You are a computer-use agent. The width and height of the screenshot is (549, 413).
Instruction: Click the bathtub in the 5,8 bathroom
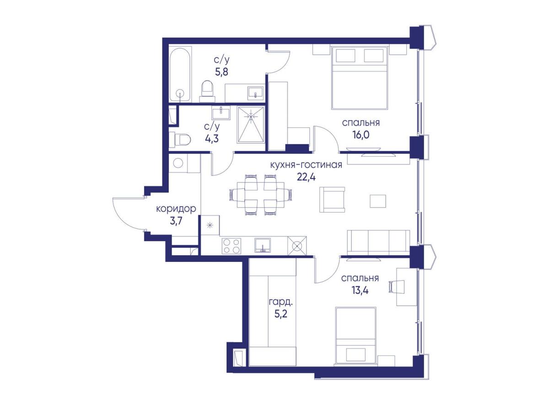[180, 75]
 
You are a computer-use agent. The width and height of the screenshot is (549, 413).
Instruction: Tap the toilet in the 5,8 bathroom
[207, 92]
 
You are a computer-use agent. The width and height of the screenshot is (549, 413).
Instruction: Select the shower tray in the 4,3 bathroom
[250, 125]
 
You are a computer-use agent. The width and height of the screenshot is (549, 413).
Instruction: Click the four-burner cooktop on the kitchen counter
[231, 246]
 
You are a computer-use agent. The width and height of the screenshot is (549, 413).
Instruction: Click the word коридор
[176, 208]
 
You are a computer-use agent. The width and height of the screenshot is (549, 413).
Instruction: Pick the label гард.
[280, 302]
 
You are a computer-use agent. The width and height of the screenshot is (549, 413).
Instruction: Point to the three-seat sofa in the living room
[378, 242]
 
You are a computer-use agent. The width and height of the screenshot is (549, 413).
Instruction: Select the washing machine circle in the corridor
[178, 163]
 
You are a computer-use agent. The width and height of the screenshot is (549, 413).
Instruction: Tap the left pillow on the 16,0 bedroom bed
[346, 55]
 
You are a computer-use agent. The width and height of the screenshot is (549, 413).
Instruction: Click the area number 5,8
[221, 72]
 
